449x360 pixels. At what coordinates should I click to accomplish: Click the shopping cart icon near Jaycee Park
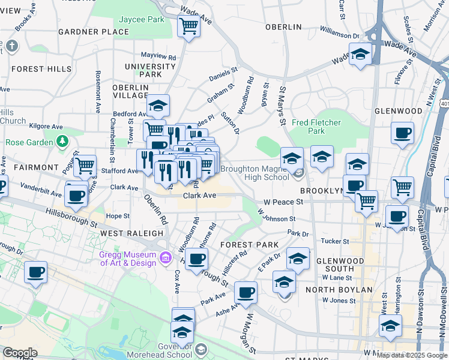tap(189, 26)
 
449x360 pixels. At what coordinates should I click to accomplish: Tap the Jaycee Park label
tap(142, 20)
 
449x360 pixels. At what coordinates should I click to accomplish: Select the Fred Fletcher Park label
tap(316, 127)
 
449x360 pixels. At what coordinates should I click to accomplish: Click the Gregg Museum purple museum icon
tap(166, 258)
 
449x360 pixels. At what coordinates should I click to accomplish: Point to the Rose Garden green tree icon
tap(62, 142)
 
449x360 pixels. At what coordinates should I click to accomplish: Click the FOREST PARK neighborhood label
tap(249, 245)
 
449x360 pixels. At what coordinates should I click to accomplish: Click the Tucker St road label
tap(336, 241)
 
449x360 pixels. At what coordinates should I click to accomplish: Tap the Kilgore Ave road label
tap(49, 127)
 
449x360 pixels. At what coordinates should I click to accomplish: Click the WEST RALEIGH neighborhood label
tap(123, 233)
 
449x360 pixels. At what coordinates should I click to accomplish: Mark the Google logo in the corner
tap(19, 353)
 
